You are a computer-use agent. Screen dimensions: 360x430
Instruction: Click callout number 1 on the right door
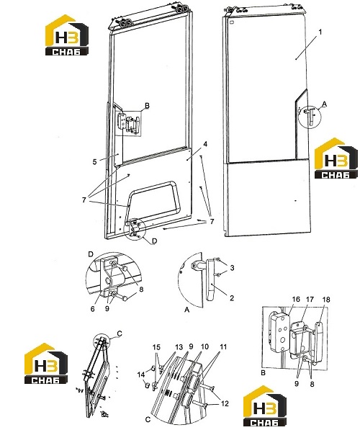click(x=320, y=32)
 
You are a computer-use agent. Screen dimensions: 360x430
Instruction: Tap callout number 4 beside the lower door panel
click(x=205, y=144)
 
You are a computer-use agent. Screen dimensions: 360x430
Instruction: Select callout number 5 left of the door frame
click(x=94, y=162)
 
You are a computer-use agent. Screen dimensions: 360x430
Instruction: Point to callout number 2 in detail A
click(x=232, y=298)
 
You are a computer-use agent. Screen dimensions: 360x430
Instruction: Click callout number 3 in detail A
click(x=232, y=268)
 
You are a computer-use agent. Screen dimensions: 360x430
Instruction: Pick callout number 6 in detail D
click(x=92, y=309)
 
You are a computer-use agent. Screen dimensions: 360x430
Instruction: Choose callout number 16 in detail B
click(x=296, y=299)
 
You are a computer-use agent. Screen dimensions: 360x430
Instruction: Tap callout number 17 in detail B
click(x=310, y=299)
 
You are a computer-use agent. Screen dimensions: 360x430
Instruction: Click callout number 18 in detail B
click(x=326, y=299)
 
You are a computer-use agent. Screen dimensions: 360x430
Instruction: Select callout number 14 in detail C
click(x=141, y=375)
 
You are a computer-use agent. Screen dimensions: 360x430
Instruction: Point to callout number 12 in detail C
click(x=225, y=403)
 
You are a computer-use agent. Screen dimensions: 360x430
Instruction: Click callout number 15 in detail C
click(x=156, y=347)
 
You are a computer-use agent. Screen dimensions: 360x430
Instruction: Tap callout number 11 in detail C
click(x=223, y=347)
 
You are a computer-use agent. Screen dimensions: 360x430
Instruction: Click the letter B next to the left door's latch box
click(x=147, y=106)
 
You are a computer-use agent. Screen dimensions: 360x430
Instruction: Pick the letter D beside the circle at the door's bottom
click(x=155, y=241)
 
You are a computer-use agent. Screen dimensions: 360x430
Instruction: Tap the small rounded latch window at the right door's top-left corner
click(x=233, y=22)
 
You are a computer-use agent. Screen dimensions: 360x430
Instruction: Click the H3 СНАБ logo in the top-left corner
click(x=67, y=35)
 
